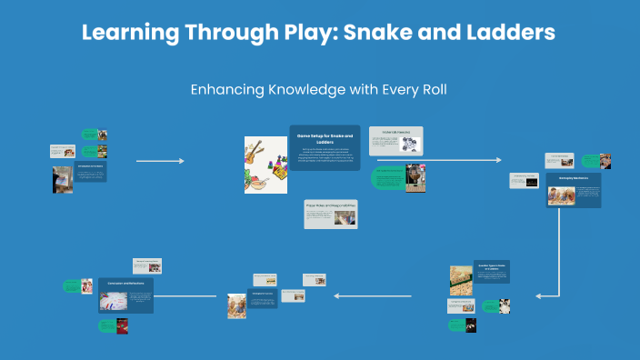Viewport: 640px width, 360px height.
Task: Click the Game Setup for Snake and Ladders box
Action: [325, 148]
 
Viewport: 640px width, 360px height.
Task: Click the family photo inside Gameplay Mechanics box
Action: [557, 195]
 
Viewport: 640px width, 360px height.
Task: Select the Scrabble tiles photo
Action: [462, 281]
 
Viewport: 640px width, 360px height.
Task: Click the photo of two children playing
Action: [238, 306]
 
